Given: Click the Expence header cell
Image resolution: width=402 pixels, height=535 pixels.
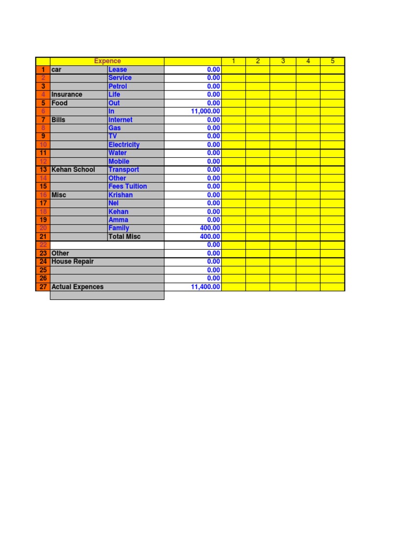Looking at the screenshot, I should click(x=107, y=61).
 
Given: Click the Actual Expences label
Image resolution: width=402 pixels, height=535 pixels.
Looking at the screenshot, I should click(x=77, y=287).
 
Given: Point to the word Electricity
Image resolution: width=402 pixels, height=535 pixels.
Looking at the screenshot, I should click(x=124, y=145).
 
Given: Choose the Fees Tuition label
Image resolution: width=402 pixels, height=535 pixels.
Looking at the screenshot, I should click(x=128, y=187).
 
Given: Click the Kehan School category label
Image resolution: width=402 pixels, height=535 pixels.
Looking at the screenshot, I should click(x=73, y=170).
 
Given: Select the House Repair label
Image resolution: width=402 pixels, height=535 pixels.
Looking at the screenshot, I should click(x=73, y=262).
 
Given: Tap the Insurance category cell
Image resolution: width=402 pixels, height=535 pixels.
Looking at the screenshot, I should click(x=67, y=95).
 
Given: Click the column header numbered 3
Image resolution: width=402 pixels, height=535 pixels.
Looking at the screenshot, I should click(x=283, y=61).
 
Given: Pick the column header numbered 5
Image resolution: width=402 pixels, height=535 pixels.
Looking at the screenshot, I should click(x=332, y=61).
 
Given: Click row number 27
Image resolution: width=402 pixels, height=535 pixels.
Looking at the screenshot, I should click(x=43, y=287).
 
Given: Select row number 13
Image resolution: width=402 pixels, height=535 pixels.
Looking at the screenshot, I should click(x=43, y=170).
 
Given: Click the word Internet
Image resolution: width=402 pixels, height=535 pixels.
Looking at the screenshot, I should click(x=120, y=120).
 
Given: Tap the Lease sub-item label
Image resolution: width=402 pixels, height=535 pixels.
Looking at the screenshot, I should click(x=118, y=69).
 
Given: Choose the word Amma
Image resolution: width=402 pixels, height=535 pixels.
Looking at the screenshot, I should click(x=118, y=220).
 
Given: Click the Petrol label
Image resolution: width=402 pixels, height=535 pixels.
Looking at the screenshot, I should click(x=118, y=86).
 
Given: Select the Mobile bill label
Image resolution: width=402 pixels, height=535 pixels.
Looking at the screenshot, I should click(x=119, y=161).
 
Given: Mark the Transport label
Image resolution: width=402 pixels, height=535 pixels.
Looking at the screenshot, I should click(x=124, y=170).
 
